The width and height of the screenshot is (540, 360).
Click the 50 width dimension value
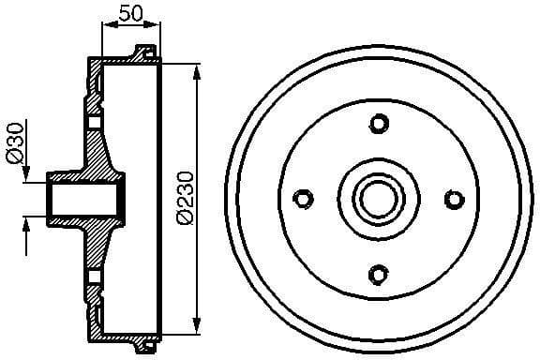point(130,14)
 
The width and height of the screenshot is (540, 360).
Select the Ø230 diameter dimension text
point(184,197)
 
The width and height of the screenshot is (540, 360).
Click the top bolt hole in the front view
point(379,124)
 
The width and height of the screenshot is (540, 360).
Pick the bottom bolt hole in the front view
point(379,274)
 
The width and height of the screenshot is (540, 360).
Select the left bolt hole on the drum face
point(303,199)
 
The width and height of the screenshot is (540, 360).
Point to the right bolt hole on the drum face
point(454,199)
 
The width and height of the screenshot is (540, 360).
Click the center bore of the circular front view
point(379,199)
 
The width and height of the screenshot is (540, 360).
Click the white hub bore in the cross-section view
point(82,199)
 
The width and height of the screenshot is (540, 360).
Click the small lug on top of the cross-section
point(143,51)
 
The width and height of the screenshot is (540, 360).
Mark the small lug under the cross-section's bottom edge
point(143,348)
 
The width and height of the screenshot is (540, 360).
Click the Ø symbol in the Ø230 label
point(184,217)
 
